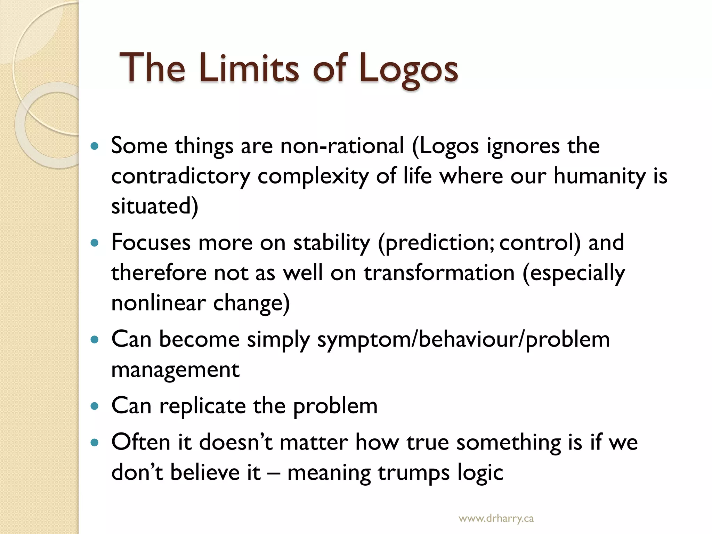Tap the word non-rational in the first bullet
point(342,146)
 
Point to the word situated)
point(155,206)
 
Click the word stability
point(332,243)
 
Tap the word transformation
point(439,273)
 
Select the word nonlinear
point(159,303)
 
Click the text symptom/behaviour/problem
point(463,340)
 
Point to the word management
point(175,370)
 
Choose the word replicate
point(202,406)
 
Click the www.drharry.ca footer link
point(496,519)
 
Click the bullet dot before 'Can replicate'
point(94,406)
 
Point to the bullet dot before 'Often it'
point(94,443)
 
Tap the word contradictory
point(180,176)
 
